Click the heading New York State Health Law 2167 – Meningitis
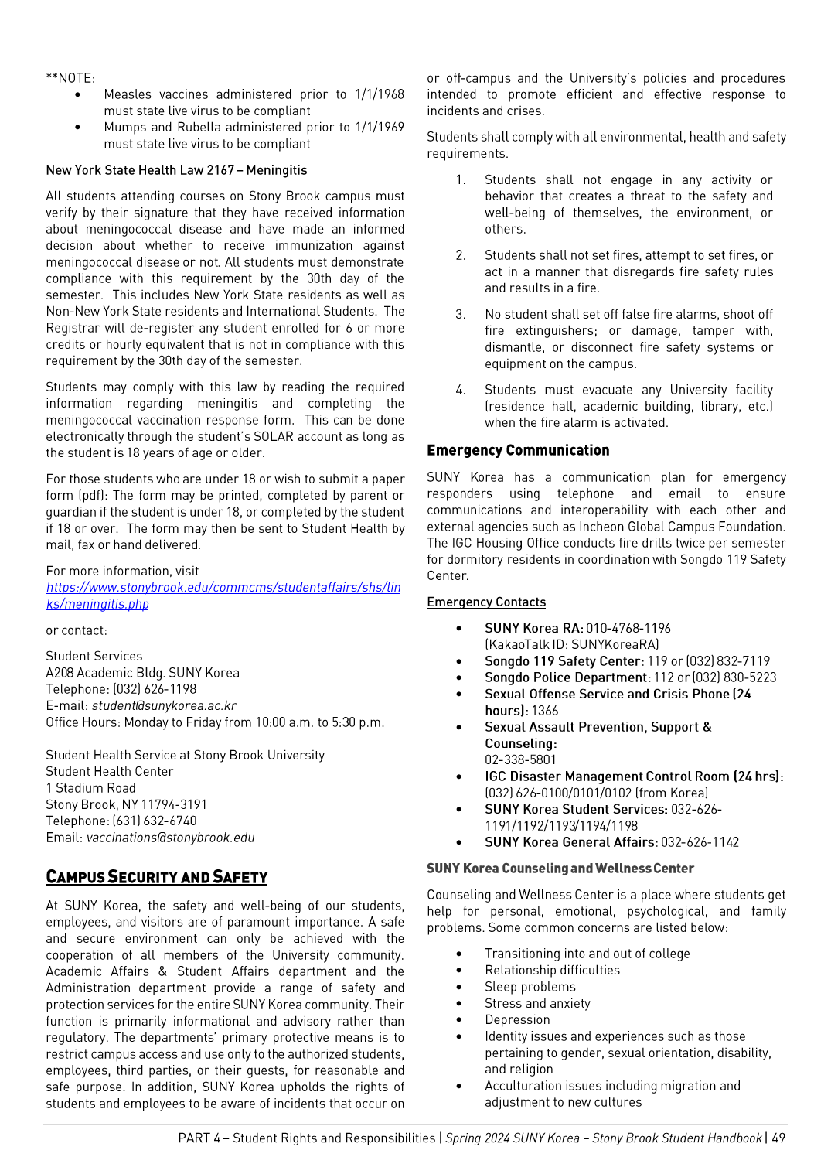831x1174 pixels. (176, 170)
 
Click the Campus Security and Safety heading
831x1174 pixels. (156, 877)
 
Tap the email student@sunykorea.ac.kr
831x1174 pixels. (164, 705)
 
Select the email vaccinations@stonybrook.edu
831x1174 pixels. (170, 838)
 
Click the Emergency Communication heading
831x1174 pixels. (518, 450)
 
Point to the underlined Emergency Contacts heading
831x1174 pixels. (486, 602)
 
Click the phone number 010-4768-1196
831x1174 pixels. (628, 628)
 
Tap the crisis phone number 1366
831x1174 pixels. (545, 711)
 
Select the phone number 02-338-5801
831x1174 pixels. (520, 759)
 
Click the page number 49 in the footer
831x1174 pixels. (778, 1138)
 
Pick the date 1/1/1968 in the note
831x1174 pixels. (380, 94)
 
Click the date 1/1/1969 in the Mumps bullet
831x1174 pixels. (380, 128)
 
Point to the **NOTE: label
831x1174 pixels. (70, 78)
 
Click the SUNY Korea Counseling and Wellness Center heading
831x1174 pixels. (560, 869)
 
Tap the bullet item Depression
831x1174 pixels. (517, 1020)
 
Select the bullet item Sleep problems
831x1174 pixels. (530, 987)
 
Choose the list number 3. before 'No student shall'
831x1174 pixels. (461, 315)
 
